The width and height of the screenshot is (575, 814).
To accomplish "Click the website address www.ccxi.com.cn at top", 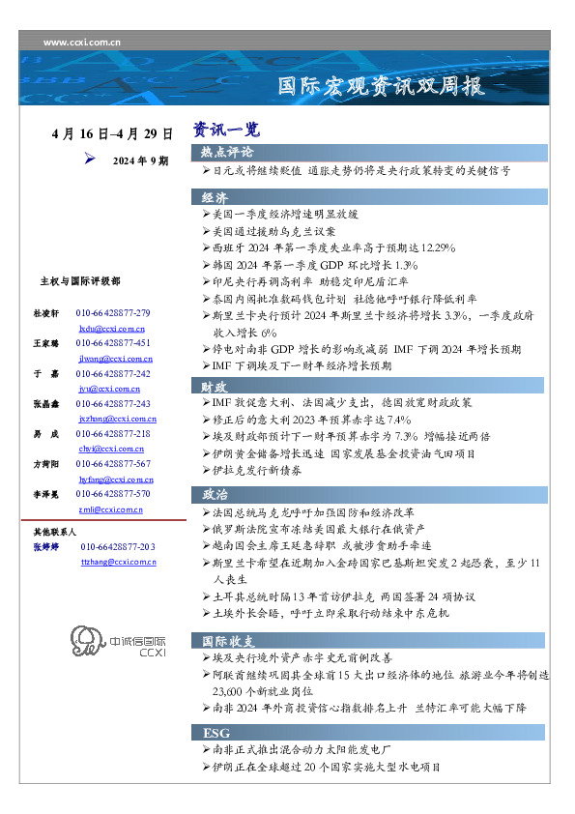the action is click(x=82, y=43).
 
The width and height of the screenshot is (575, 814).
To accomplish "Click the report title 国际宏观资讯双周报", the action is click(x=381, y=86).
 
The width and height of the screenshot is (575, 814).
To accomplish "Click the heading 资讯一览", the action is click(x=226, y=130).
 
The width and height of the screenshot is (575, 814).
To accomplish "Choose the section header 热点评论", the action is click(x=228, y=153).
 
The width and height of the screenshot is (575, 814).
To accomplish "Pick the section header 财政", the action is click(x=216, y=387).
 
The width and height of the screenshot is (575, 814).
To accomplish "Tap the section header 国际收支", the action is click(x=228, y=641).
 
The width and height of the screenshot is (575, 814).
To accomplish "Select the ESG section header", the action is click(x=216, y=733).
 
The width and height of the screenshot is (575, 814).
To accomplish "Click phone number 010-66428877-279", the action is click(x=113, y=314).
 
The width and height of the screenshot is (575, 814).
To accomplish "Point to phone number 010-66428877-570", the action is click(x=113, y=494).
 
